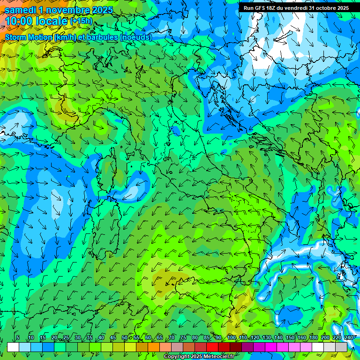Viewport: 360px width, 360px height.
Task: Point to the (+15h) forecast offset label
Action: click(x=81, y=21)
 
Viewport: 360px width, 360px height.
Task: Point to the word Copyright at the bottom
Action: click(x=176, y=357)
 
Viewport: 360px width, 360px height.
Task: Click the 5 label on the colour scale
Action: click(x=17, y=338)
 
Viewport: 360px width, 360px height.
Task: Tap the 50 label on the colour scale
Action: click(x=125, y=338)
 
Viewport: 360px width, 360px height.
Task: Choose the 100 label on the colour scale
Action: click(x=232, y=338)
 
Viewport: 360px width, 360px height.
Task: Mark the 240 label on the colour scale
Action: click(x=349, y=338)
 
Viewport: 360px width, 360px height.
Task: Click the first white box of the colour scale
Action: click(x=13, y=347)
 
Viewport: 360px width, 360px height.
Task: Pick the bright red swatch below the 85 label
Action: click(x=212, y=347)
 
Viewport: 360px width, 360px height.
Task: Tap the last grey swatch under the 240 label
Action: click(x=341, y=347)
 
